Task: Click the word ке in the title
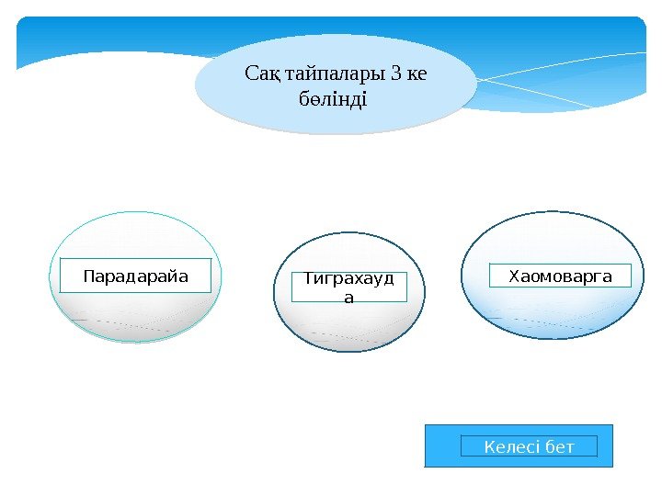[x=415, y=73]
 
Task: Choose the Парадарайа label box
[x=135, y=276]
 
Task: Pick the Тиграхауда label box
[x=348, y=287]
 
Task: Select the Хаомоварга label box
[x=560, y=276]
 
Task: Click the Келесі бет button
[x=529, y=446]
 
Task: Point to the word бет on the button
[x=559, y=447]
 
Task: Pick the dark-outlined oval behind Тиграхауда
[x=348, y=326]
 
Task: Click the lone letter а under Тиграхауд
[x=348, y=297]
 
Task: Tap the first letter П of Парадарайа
[x=88, y=276]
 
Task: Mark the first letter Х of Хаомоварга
[x=514, y=275]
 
